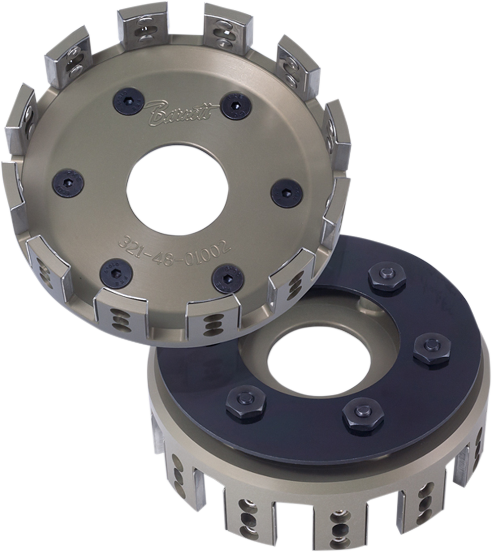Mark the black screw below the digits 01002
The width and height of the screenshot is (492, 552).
(x=227, y=279)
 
